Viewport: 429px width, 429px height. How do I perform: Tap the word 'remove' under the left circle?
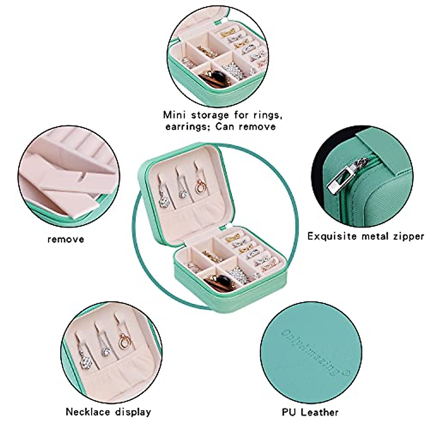pos(66,239)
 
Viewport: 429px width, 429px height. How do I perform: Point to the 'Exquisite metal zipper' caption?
pos(366,236)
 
